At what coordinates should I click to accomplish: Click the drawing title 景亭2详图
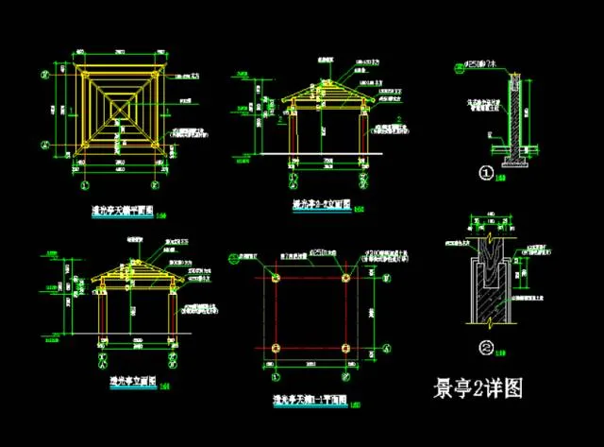pos(477,388)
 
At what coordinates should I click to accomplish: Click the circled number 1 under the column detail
pos(486,173)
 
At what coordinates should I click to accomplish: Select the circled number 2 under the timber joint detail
pos(485,346)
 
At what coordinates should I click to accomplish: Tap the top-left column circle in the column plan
pos(275,278)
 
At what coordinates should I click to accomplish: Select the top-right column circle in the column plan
pos(346,278)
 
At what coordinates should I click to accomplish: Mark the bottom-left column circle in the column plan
pos(275,346)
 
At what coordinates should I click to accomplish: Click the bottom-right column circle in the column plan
pos(346,346)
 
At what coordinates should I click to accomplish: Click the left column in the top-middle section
pos(293,132)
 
